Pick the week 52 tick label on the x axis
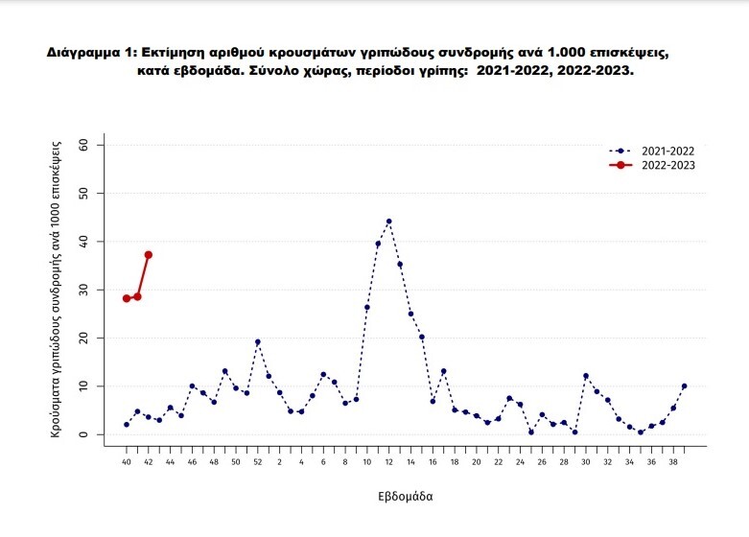[x=257, y=462]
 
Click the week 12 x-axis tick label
[x=388, y=462]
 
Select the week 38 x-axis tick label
[x=673, y=462]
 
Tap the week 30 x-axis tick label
[x=586, y=462]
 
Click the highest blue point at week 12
[x=388, y=222]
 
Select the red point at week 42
[x=149, y=254]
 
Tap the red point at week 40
[x=127, y=298]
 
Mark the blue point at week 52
[x=257, y=341]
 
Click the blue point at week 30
[x=586, y=376]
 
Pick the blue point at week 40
[x=127, y=424]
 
